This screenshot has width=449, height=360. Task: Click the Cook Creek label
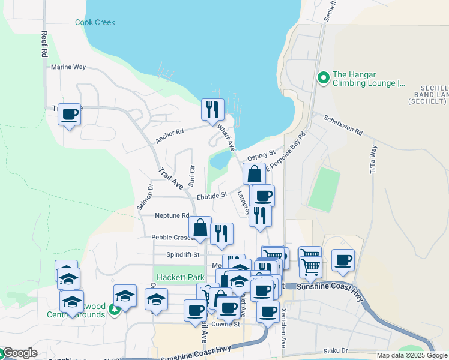(x=95, y=23)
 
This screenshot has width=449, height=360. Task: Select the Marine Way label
(x=68, y=67)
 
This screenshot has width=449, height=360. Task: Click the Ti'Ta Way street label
(x=373, y=159)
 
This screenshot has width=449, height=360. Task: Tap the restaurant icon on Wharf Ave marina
(x=212, y=109)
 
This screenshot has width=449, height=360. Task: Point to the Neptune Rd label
(x=172, y=215)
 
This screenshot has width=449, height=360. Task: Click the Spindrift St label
(x=182, y=254)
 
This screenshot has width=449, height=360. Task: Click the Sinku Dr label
(x=336, y=350)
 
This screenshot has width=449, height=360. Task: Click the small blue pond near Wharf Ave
(x=220, y=160)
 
